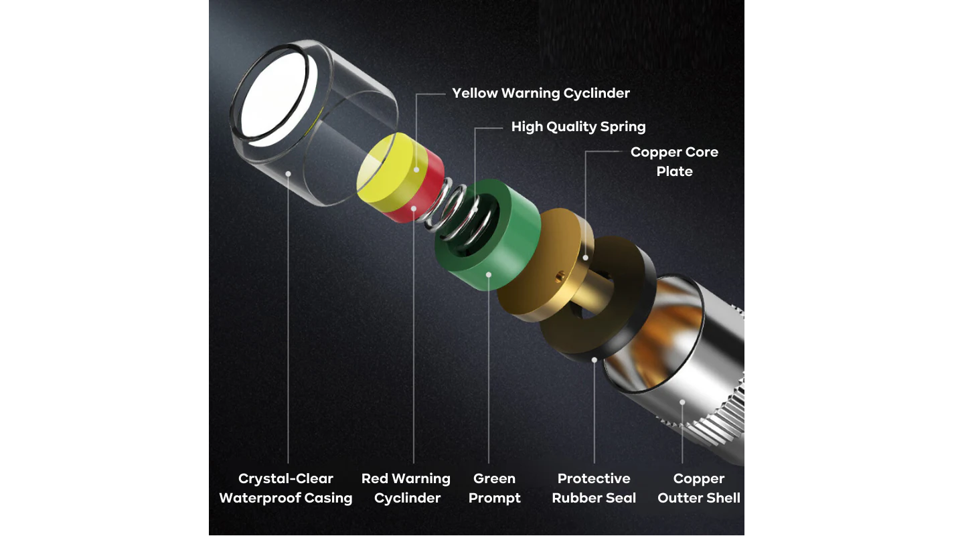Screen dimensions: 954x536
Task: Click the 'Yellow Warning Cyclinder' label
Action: pyautogui.click(x=540, y=93)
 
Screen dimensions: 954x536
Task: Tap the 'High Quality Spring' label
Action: pyautogui.click(x=578, y=127)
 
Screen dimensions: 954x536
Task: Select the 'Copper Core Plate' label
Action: pyautogui.click(x=674, y=161)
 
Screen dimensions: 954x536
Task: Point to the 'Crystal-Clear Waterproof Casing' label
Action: pyautogui.click(x=286, y=488)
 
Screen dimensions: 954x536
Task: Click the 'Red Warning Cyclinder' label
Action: pyautogui.click(x=406, y=488)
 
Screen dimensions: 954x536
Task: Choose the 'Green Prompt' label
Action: pyautogui.click(x=495, y=488)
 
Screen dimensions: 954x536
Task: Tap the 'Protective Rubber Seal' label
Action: pyautogui.click(x=594, y=488)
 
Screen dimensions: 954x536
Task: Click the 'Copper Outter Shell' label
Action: pyautogui.click(x=699, y=488)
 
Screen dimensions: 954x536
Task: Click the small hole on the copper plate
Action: pyautogui.click(x=560, y=277)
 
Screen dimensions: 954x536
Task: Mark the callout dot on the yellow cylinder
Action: pyautogui.click(x=416, y=170)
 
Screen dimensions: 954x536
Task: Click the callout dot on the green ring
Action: pyautogui.click(x=489, y=275)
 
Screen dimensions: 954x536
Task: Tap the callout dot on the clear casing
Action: pyautogui.click(x=289, y=174)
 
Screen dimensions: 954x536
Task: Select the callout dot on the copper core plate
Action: pyautogui.click(x=586, y=258)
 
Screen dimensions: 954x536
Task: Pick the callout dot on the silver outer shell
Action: pyautogui.click(x=682, y=402)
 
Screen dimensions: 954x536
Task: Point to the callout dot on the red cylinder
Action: pyautogui.click(x=414, y=209)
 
